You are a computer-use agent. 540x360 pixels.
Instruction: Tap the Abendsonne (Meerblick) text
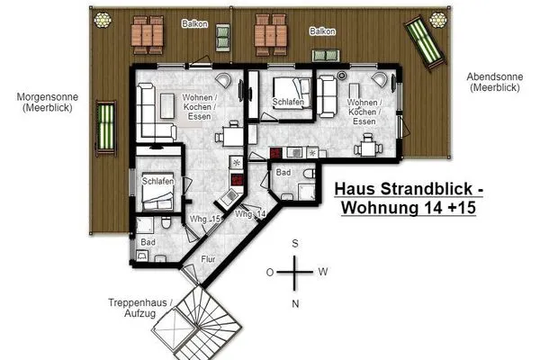(490, 83)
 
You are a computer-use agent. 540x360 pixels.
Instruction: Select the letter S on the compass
(294, 244)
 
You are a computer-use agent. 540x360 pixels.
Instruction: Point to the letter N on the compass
(294, 303)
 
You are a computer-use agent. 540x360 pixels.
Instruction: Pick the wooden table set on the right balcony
(272, 33)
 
